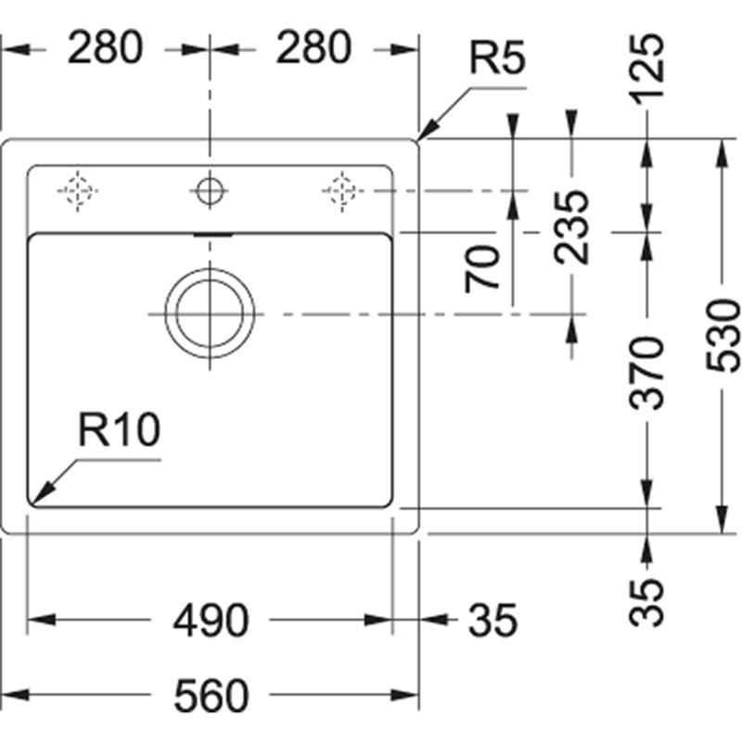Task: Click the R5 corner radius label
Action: point(497,60)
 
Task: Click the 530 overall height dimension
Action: point(723,336)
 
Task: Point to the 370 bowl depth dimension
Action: point(646,373)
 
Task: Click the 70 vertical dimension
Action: point(484,269)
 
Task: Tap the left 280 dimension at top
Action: point(105,47)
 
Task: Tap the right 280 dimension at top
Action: point(313,47)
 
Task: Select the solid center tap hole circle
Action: point(210,191)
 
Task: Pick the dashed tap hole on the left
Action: point(77,190)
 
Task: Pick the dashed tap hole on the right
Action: point(341,190)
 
